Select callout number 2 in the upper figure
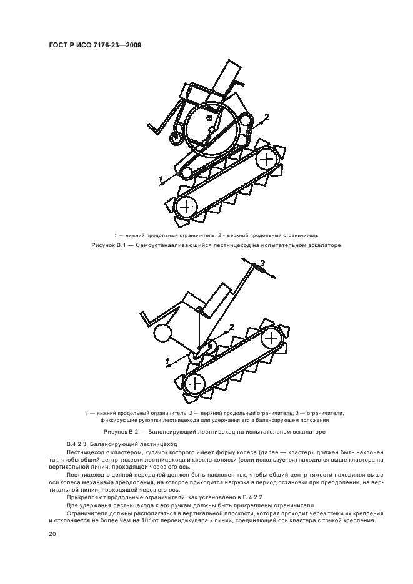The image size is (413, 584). (266, 117)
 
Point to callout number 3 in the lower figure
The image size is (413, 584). (262, 264)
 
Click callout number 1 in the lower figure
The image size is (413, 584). (167, 361)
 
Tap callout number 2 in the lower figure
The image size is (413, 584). (232, 326)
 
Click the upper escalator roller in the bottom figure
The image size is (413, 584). (271, 338)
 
